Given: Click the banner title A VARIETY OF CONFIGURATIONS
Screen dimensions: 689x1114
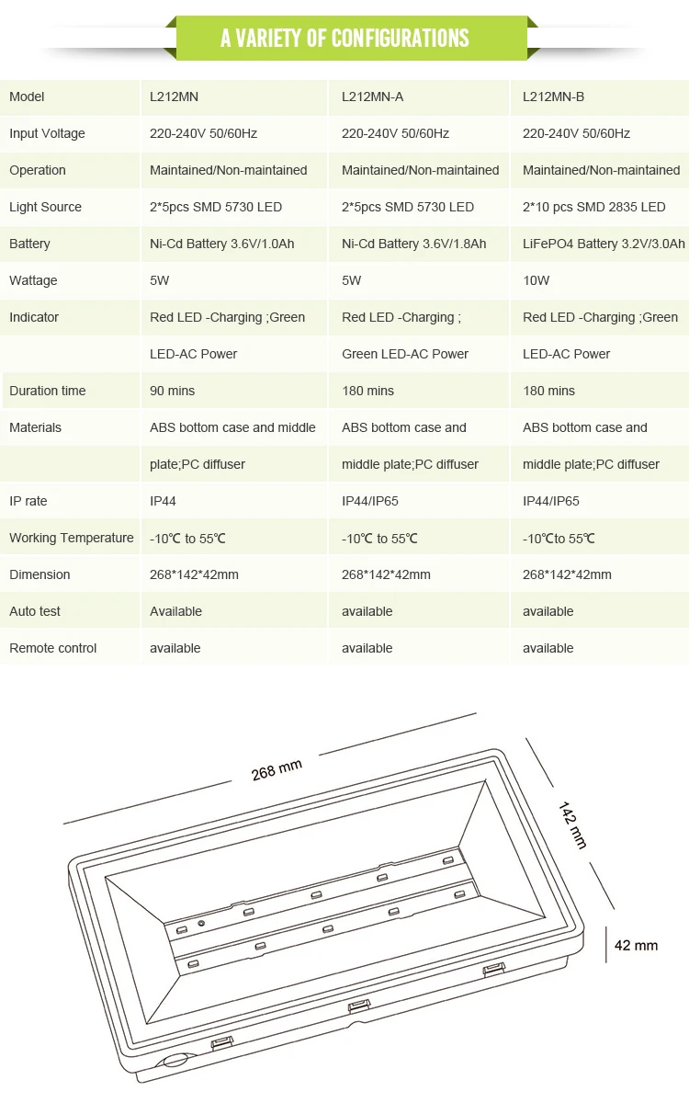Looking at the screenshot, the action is click(344, 39).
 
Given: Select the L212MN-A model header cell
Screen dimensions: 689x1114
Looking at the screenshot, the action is click(372, 97).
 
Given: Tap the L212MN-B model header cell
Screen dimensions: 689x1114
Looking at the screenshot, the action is click(553, 97).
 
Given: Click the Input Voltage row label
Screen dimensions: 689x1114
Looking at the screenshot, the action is click(47, 133).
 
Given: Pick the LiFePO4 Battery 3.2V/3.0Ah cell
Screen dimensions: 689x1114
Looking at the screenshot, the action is click(604, 244).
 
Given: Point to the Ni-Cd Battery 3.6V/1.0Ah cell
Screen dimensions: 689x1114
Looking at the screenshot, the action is click(221, 244).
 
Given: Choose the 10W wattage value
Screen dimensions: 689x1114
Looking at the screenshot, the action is click(536, 280).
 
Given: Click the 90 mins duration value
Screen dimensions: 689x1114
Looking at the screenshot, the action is click(172, 391).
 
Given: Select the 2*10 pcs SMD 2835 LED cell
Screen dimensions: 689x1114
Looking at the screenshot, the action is click(593, 207).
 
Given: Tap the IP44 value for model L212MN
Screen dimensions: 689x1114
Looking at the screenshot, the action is click(163, 501).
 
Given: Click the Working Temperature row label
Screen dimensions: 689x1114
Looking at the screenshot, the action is click(71, 538).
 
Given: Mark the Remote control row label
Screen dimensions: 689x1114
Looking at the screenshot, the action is click(52, 649).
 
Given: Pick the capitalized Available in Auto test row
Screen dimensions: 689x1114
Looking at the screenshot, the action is click(175, 612).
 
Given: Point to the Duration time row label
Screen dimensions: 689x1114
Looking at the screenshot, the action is click(47, 391).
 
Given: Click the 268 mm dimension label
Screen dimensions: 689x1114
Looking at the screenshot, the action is click(277, 770).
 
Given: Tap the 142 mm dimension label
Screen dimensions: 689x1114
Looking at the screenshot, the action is click(572, 824).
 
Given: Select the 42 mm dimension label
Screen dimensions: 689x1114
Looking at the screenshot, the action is click(636, 946).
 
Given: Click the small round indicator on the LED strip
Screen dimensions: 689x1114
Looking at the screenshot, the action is click(201, 924).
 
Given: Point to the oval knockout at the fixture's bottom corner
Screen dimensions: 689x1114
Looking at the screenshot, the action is click(176, 1061).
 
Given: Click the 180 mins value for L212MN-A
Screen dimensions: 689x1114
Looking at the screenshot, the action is click(367, 391).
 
